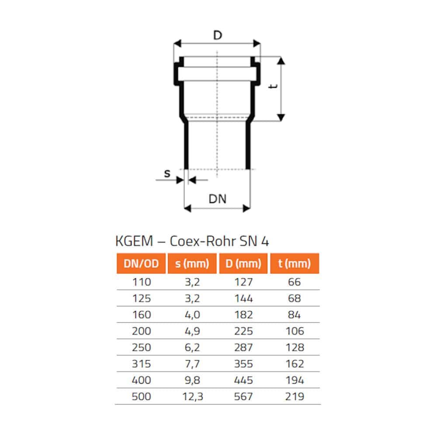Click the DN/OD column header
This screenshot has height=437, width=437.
tap(141, 264)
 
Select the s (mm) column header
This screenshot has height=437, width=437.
tap(192, 264)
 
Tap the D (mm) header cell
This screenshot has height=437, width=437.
tap(243, 264)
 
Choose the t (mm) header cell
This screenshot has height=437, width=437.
tap(295, 264)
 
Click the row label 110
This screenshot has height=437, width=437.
tap(142, 282)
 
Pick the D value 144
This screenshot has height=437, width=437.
tap(243, 298)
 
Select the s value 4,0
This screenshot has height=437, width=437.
tap(192, 315)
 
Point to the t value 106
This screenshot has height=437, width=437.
tap(295, 331)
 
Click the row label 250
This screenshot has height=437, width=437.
tap(142, 347)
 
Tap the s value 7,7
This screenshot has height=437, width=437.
tap(192, 364)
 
